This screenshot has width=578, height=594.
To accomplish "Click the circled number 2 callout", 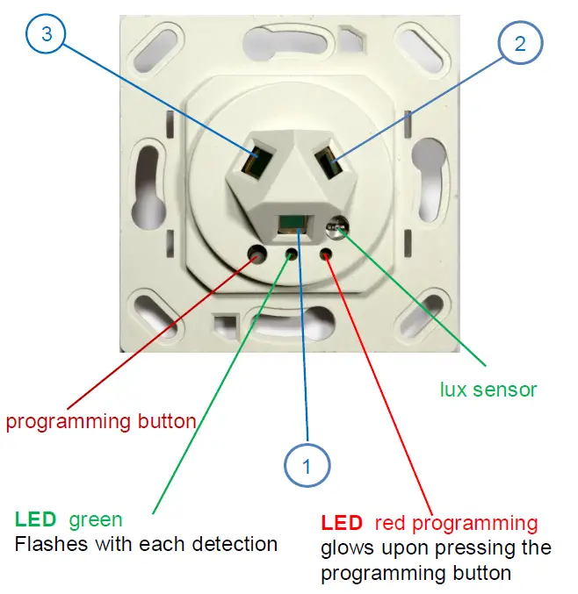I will pos(520,44).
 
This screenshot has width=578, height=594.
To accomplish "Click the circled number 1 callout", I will pos(307,466).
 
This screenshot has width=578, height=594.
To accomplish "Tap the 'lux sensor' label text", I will pos(488,389).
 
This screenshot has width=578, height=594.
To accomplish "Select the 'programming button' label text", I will pos(101,422).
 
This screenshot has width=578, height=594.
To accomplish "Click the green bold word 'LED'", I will pos(36,520).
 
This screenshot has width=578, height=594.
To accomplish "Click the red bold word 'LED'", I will pos(342,524).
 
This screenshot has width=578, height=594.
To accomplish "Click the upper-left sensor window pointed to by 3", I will pos(255,163).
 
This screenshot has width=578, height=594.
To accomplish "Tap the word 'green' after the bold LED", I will pos(96,520).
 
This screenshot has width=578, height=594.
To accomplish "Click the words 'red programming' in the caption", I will pos(456,524).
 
